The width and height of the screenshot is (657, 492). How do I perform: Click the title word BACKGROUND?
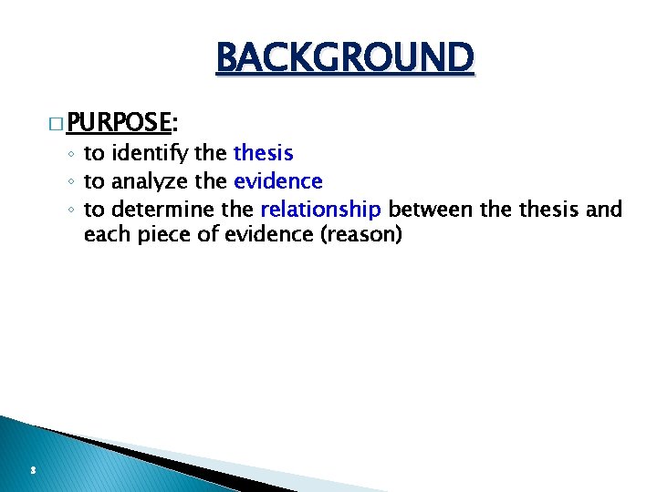coord(345,58)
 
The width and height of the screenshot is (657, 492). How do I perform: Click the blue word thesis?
coord(264,153)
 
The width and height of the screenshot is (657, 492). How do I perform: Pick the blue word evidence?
coord(277,181)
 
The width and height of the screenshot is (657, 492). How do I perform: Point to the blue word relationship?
coord(320,210)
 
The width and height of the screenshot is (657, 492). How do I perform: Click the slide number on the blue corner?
coord(32,470)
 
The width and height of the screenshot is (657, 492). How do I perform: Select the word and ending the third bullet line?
coord(604,210)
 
